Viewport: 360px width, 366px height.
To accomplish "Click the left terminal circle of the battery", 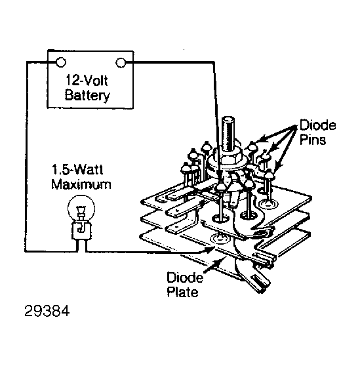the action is (x=61, y=62).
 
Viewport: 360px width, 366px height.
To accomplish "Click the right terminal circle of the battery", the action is (x=121, y=63).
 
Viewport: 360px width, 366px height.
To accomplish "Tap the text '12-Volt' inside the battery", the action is (x=87, y=81).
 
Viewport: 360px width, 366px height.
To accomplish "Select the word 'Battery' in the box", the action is (x=87, y=96).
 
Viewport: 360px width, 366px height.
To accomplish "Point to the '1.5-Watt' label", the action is (x=77, y=169).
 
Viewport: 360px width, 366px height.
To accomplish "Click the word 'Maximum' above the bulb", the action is (x=81, y=184).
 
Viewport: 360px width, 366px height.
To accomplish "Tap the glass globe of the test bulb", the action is (x=81, y=209).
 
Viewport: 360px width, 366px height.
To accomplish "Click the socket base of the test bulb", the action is (x=81, y=231).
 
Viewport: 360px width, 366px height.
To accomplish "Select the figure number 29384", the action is (x=47, y=311).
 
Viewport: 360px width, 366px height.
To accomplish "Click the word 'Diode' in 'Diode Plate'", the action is (x=185, y=277).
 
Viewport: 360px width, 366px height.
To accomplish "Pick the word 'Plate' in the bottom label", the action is (x=183, y=292).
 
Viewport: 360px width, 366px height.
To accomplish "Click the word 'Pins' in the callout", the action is (x=313, y=140).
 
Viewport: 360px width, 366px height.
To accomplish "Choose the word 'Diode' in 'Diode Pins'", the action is (x=318, y=125).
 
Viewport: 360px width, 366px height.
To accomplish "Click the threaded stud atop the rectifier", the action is (x=229, y=134).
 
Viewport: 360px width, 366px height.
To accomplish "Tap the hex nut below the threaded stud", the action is (x=229, y=159).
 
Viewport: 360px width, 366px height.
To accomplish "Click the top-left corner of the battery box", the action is (x=48, y=51).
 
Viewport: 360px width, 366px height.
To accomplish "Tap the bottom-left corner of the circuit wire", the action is (x=26, y=251).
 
